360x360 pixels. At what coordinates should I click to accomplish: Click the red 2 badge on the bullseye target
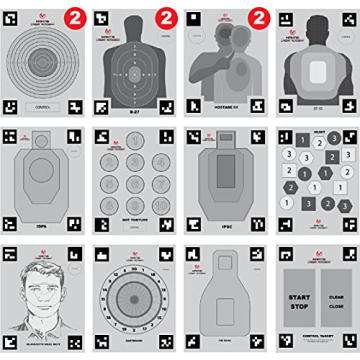click(x=76, y=17)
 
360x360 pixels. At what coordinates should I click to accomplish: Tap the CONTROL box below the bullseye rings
click(x=43, y=104)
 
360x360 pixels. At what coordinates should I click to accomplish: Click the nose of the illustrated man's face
click(x=43, y=290)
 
